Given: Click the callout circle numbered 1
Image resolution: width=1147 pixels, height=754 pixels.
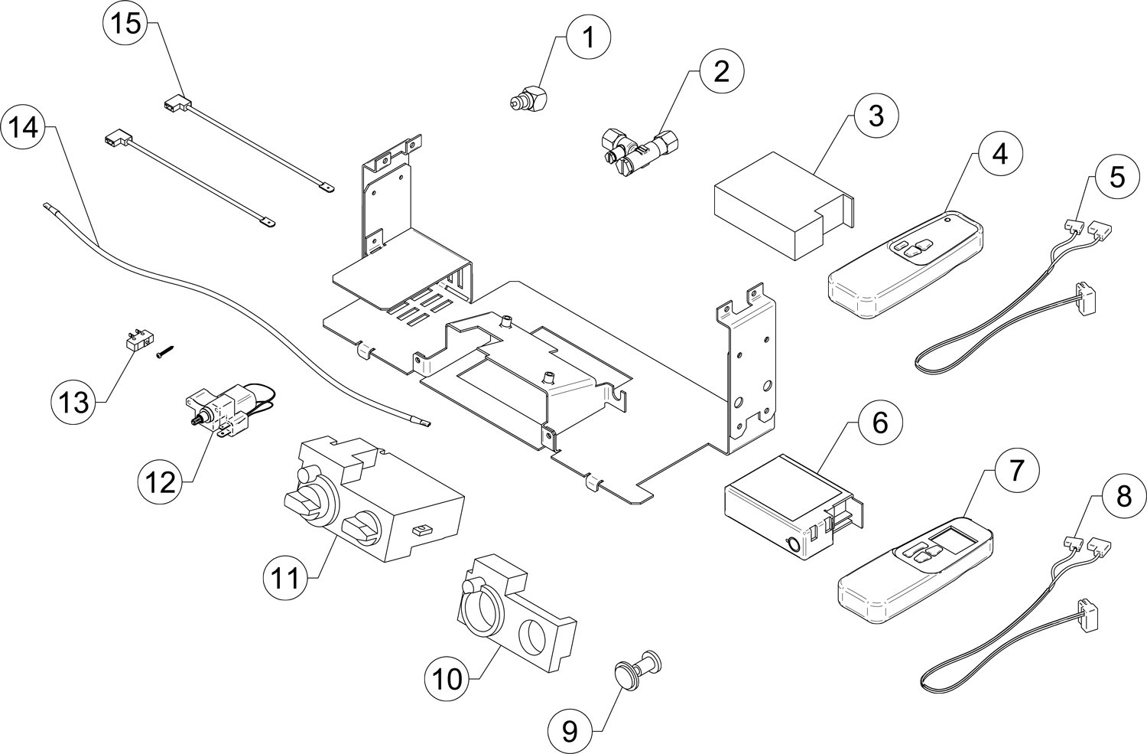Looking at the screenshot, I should pos(587,37).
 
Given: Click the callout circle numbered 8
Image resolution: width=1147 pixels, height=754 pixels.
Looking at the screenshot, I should pos(1122,498).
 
